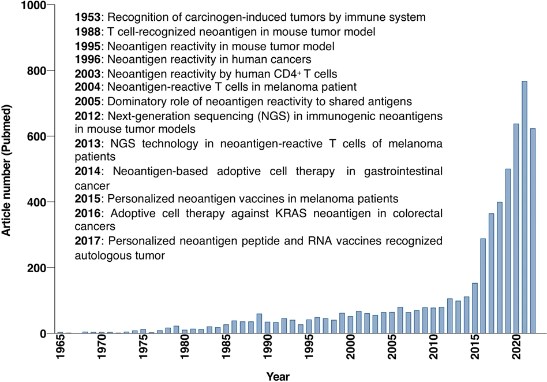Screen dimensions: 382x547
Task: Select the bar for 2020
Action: coord(516,228)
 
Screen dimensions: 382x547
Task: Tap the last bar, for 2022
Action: coord(533,231)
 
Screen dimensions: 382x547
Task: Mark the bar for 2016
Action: coord(483,285)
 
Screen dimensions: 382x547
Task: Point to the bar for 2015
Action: coord(475,308)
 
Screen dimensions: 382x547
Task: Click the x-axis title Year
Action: coord(278,376)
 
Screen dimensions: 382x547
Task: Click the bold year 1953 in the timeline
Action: coord(88,17)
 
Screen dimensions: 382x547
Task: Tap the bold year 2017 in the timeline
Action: coord(88,240)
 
